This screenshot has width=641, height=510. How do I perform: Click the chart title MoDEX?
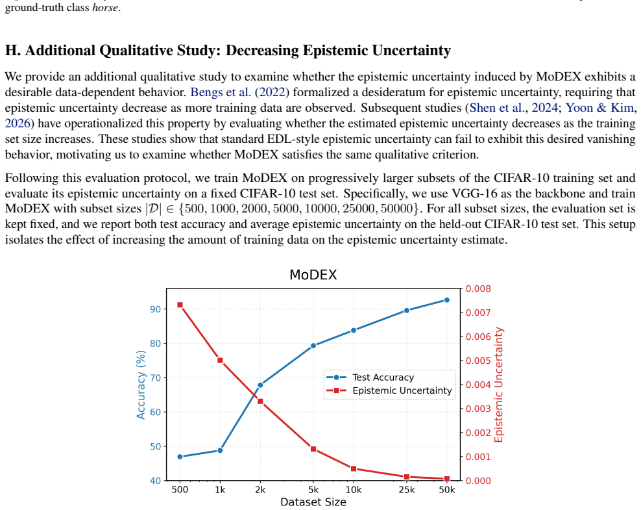tap(313, 275)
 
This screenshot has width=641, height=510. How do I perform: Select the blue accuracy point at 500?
tap(180, 456)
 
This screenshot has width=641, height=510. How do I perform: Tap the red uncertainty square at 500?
tap(180, 305)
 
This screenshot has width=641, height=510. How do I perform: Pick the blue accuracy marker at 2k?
tap(260, 385)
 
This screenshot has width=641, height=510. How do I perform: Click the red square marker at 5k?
tap(313, 449)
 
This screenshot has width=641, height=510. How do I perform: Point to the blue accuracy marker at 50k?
tap(447, 300)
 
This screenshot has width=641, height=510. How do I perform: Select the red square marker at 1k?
tap(220, 361)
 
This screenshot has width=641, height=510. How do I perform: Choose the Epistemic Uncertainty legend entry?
tap(389, 390)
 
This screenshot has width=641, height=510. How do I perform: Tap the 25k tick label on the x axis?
tap(407, 490)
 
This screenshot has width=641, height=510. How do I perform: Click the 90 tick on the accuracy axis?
tap(155, 309)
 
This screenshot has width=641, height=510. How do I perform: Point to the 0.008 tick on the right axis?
tap(478, 288)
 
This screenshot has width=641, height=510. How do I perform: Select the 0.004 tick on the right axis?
tap(478, 385)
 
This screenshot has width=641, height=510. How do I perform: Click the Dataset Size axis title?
tap(313, 502)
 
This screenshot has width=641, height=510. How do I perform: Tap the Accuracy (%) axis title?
tap(141, 385)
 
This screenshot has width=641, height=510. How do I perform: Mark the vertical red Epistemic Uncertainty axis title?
tap(499, 385)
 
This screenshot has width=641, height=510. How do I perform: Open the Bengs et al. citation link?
tap(221, 92)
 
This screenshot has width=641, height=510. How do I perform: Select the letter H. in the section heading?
tap(13, 50)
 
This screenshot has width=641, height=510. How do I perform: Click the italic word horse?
tap(106, 8)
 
